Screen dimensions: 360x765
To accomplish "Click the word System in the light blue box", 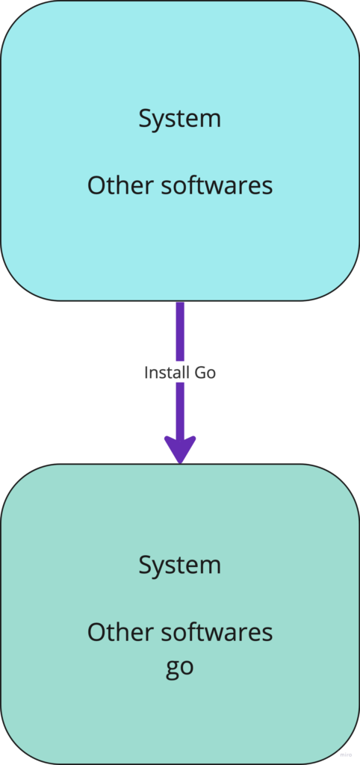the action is (x=180, y=120).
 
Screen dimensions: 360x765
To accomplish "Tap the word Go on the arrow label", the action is (x=205, y=374).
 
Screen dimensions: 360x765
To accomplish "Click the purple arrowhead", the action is (x=180, y=450).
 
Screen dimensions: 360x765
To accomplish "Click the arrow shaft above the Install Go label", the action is (x=180, y=332).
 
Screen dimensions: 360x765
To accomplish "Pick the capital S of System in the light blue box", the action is (x=145, y=119).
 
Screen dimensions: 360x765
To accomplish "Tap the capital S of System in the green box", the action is (x=145, y=566).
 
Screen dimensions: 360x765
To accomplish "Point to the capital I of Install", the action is (x=146, y=374).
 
